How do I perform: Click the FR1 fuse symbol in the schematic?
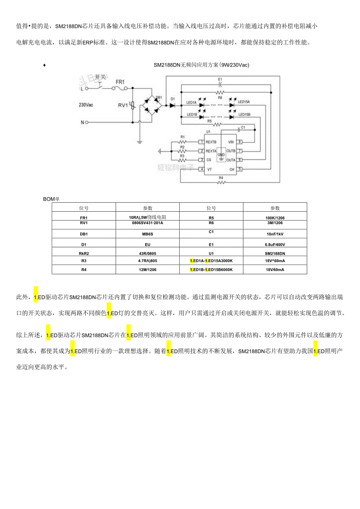point(119,89)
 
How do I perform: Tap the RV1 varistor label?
point(123,105)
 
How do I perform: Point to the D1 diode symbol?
point(172,105)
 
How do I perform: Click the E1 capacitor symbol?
point(220,83)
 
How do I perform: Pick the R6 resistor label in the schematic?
point(220,97)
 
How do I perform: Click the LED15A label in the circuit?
point(243,102)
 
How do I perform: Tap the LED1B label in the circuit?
point(192,115)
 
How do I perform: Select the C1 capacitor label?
point(243,128)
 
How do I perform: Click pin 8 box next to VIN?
point(240,142)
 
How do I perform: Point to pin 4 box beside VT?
point(201,169)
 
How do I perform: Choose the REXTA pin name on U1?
point(211,151)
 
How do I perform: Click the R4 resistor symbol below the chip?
point(221,182)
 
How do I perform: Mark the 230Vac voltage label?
point(86,105)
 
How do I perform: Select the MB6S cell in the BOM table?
point(147,234)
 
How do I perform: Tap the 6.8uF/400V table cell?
point(275,245)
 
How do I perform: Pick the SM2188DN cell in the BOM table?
point(275,254)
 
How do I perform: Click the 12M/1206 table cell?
point(147,270)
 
